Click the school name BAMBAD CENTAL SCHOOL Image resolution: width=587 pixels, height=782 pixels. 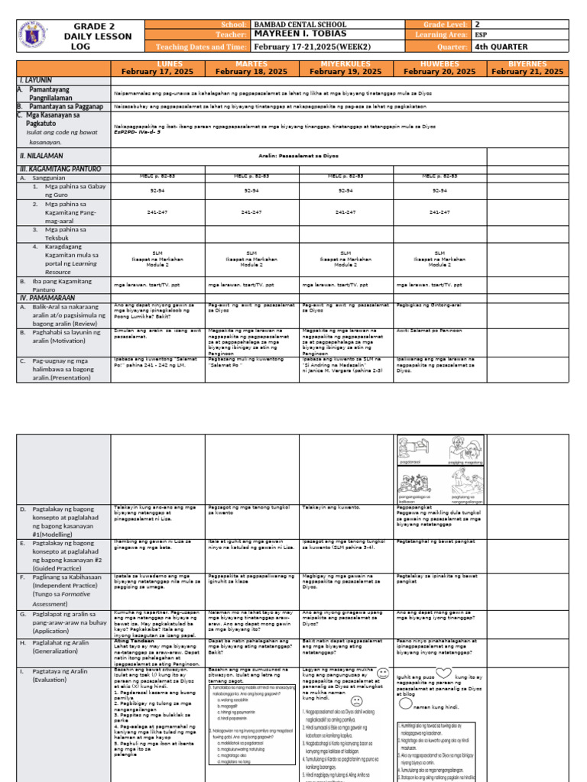pyautogui.click(x=294, y=25)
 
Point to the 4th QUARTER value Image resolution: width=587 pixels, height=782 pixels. pyautogui.click(x=502, y=46)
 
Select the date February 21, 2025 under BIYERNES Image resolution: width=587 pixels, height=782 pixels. pyautogui.click(x=527, y=71)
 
